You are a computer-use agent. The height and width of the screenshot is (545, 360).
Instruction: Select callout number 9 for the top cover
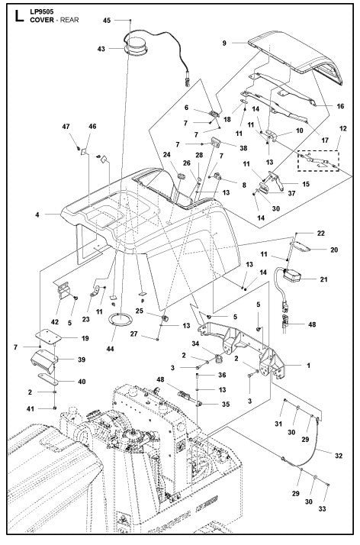(224, 43)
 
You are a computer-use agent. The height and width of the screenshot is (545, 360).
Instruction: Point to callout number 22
(320, 232)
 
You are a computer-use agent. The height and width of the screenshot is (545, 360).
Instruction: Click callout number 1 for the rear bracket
(307, 366)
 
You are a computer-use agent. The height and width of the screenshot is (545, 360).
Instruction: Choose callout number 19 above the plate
(85, 337)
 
